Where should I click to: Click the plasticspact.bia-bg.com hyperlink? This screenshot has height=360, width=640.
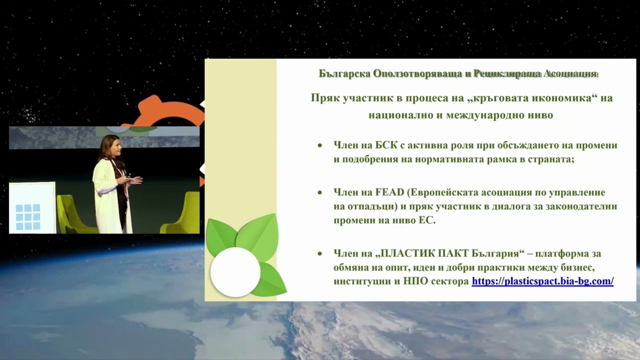(542, 281)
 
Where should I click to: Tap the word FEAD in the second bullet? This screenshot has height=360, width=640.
(389, 192)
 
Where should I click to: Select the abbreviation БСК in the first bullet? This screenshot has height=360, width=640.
(386, 145)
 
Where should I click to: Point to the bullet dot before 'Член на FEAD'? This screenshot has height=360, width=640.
(319, 193)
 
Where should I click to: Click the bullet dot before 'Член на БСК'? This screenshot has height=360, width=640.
(319, 145)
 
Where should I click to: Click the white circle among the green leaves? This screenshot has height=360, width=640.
(235, 272)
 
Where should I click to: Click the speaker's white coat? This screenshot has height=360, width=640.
(108, 197)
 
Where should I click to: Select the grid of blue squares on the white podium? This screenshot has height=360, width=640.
(27, 217)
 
